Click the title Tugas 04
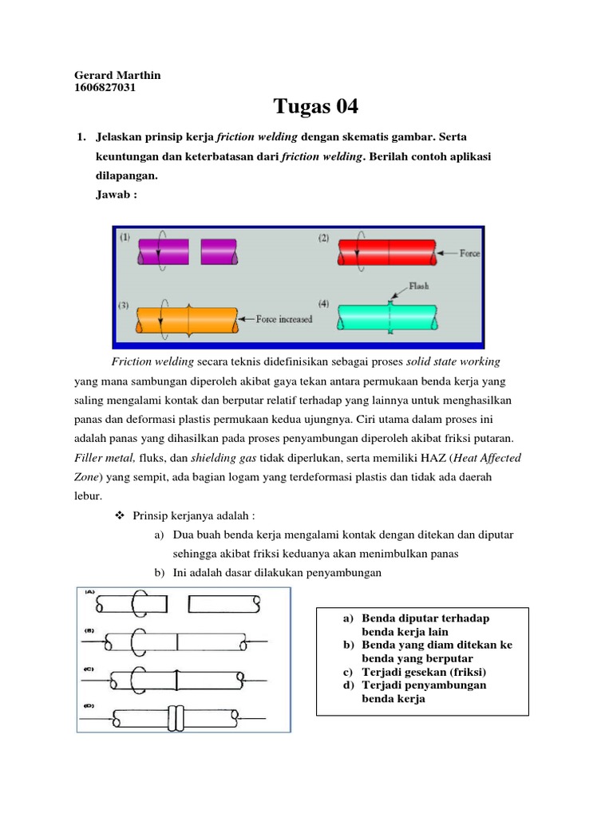coord(316,106)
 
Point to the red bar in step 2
coord(388,252)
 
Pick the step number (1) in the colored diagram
coord(126,237)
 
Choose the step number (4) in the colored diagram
coord(323,304)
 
